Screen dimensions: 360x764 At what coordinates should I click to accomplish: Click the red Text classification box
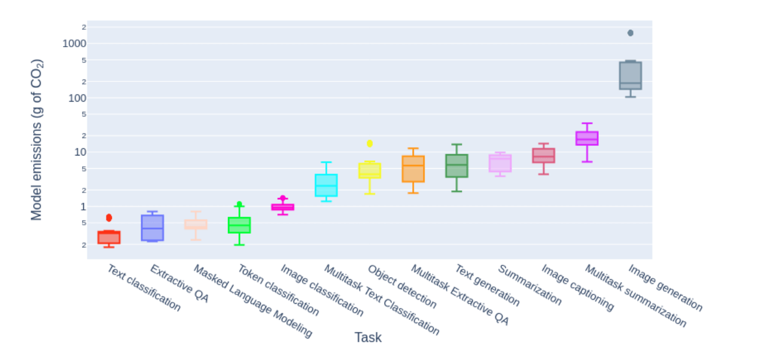tap(109, 237)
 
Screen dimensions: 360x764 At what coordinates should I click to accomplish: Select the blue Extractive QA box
tap(153, 228)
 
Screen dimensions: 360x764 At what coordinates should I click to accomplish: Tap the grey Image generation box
tap(630, 75)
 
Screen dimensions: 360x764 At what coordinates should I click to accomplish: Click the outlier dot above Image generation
tap(630, 33)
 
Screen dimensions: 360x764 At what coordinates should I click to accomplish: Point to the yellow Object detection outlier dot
tap(370, 144)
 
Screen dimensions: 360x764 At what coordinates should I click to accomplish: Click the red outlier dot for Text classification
tap(109, 218)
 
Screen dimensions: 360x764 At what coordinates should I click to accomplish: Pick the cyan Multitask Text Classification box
tap(326, 185)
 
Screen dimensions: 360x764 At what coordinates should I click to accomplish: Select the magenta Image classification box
tap(282, 207)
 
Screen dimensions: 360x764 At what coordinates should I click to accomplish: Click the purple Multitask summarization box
tap(587, 138)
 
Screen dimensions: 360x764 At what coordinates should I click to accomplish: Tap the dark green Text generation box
tap(456, 166)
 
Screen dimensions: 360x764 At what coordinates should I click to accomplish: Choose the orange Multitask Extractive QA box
tap(413, 169)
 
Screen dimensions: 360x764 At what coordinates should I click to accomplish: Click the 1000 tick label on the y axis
tap(74, 44)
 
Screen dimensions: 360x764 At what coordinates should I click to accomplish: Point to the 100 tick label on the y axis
tap(77, 98)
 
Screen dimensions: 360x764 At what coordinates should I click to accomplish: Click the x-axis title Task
tap(368, 337)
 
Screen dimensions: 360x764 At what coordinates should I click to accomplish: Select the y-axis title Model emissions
tap(37, 140)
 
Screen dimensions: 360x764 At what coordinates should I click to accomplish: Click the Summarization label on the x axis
tap(529, 285)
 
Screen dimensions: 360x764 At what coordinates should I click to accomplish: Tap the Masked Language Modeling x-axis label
tap(252, 301)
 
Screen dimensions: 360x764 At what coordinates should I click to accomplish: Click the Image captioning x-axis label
tap(577, 288)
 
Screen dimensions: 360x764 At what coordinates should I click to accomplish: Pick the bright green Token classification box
tap(239, 225)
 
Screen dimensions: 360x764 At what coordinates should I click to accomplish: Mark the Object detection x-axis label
tap(402, 287)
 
